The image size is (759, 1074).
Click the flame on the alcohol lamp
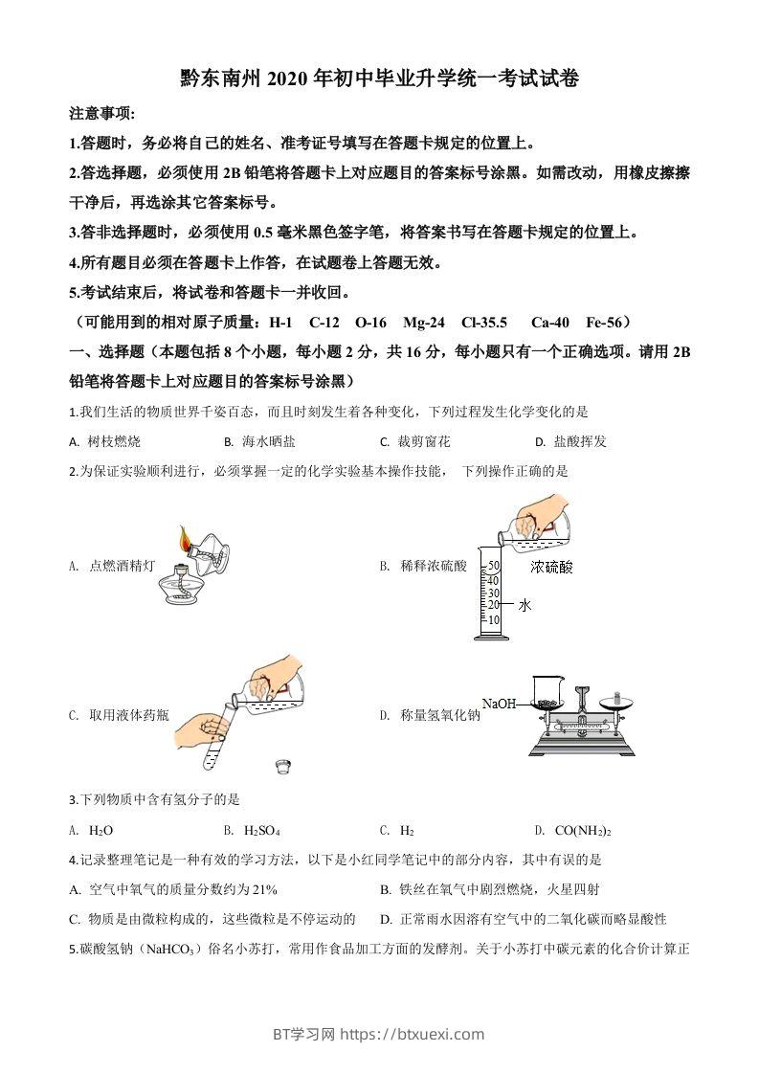click(186, 537)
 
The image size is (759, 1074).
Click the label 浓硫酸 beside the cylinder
click(552, 567)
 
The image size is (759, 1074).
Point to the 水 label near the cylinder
click(525, 605)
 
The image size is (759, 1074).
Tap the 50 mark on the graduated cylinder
click(494, 566)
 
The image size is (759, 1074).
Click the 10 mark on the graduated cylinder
click(494, 619)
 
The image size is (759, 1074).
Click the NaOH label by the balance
click(500, 704)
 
